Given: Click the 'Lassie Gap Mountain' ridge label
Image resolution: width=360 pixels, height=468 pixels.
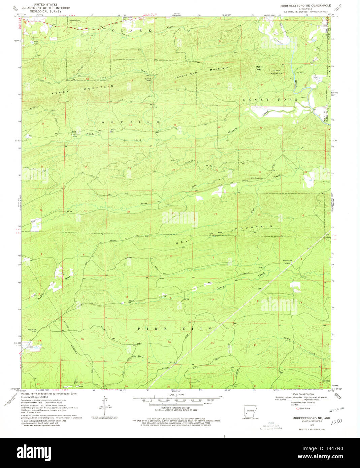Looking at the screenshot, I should click(x=201, y=73).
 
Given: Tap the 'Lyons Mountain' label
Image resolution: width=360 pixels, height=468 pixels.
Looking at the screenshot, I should click(x=277, y=72).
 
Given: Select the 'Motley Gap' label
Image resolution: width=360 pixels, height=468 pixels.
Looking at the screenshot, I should click(x=259, y=68).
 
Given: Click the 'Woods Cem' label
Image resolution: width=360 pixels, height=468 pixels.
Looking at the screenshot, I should click(x=287, y=260).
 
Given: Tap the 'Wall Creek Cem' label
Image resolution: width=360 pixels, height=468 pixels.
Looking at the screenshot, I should click(x=256, y=178).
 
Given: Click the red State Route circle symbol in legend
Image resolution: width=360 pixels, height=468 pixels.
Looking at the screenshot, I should click(x=297, y=408).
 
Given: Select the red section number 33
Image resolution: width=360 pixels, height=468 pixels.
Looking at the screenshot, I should click(x=173, y=213).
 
